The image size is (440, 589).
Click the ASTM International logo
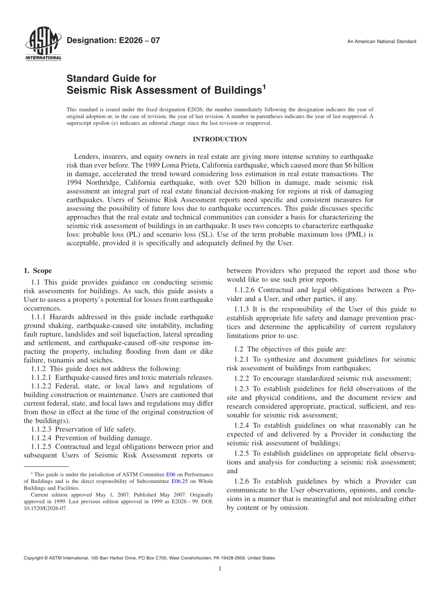click(x=42, y=44)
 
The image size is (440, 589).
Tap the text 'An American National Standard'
click(x=382, y=42)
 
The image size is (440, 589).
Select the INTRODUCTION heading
click(x=220, y=139)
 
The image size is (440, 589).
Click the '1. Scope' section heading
click(x=38, y=271)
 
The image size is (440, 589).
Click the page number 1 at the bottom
click(x=220, y=569)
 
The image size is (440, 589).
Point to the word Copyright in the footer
click(x=34, y=558)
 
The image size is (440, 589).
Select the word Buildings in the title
click(x=235, y=90)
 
